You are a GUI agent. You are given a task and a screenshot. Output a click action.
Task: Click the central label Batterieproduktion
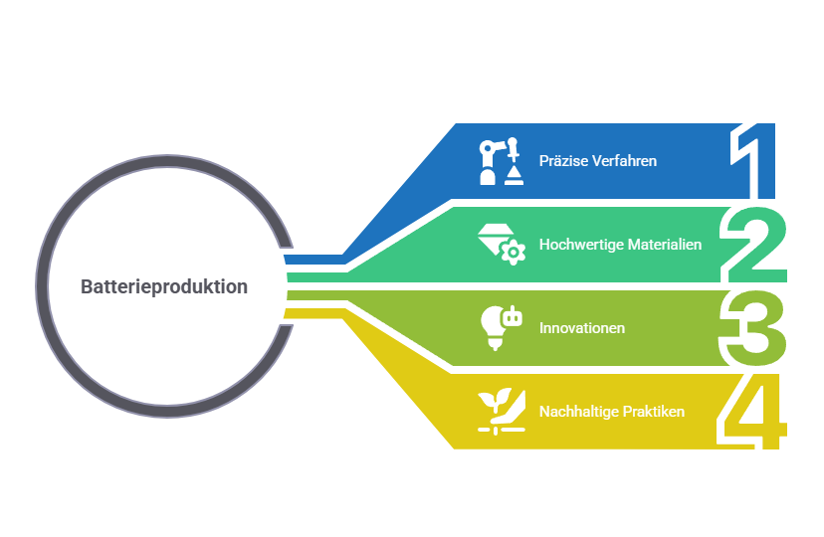164,286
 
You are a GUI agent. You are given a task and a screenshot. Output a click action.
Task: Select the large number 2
754,245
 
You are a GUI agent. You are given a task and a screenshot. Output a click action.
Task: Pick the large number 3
752,328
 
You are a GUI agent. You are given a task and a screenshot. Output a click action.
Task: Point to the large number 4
752,412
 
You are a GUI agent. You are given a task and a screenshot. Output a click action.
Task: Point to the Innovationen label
582,328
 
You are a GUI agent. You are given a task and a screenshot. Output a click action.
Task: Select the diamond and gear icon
502,245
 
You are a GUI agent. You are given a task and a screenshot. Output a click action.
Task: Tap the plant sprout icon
502,412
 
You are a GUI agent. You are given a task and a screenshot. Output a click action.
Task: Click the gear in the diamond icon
513,253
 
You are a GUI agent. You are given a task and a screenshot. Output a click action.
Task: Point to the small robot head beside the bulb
512,316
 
